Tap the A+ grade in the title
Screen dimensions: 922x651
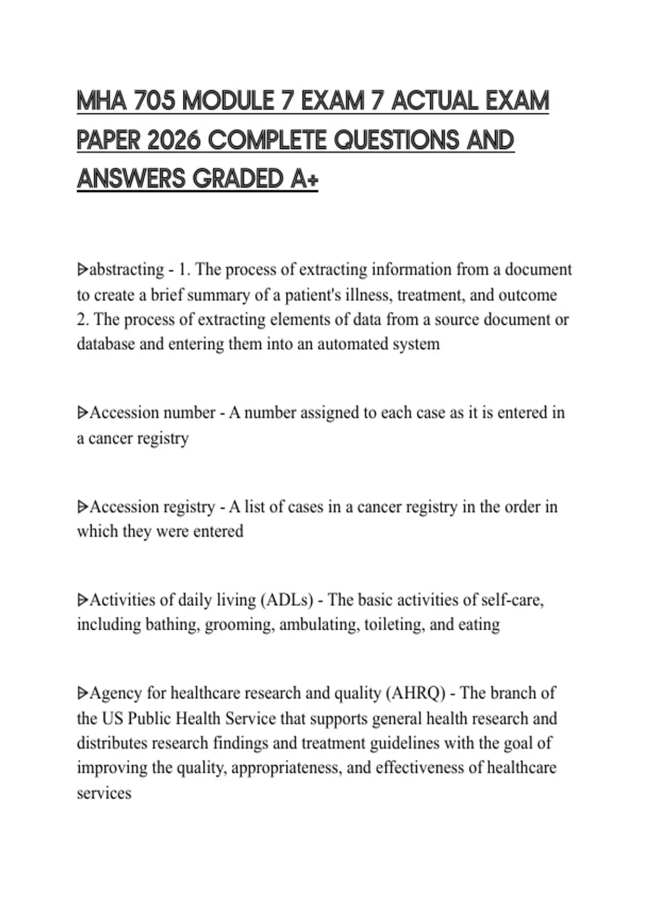pyautogui.click(x=304, y=179)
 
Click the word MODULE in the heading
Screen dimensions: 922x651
pyautogui.click(x=228, y=101)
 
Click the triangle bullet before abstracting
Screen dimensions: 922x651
pyautogui.click(x=82, y=270)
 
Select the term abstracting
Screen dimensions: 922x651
pyautogui.click(x=126, y=270)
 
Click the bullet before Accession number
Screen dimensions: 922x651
pyautogui.click(x=82, y=413)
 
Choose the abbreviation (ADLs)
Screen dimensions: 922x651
pyautogui.click(x=287, y=600)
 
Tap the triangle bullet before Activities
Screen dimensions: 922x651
pyautogui.click(x=82, y=600)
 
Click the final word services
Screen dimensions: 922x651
pyautogui.click(x=104, y=793)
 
